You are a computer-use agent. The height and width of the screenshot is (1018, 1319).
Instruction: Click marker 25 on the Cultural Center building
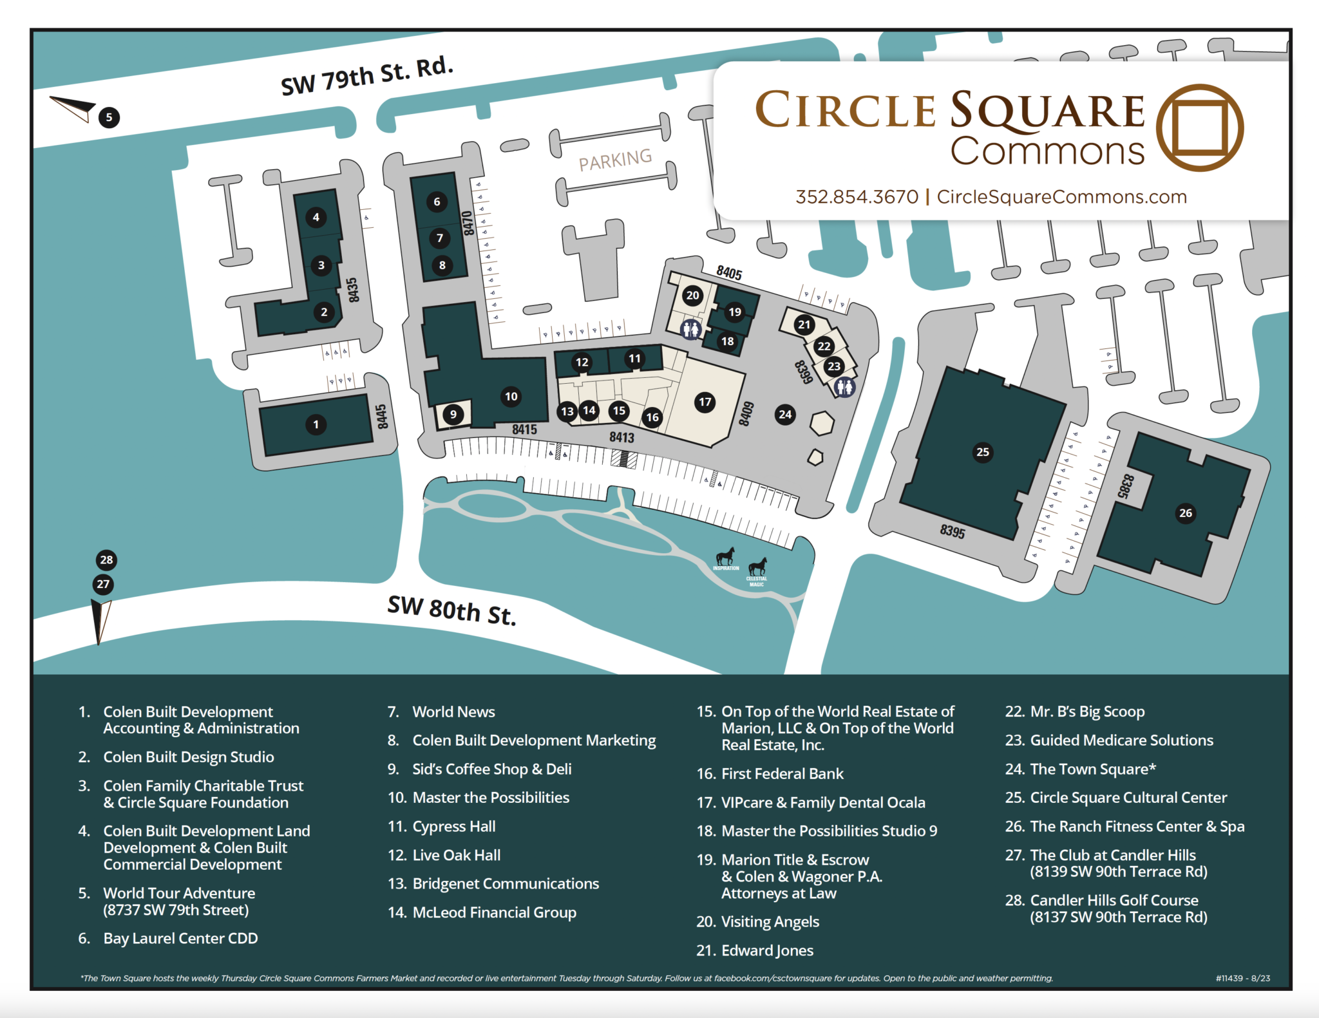pyautogui.click(x=983, y=452)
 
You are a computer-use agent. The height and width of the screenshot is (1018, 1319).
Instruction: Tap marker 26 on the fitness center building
pyautogui.click(x=1186, y=513)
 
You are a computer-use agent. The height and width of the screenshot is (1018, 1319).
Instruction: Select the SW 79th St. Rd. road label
pyautogui.click(x=367, y=76)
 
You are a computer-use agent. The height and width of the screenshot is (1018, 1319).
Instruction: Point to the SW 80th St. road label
pyautogui.click(x=451, y=610)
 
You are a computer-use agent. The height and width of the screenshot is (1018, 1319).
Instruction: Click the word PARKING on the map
pyautogui.click(x=615, y=160)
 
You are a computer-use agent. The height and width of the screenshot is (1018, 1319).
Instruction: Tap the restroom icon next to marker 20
pyautogui.click(x=691, y=330)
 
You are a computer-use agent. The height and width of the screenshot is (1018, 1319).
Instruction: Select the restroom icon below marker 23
pyautogui.click(x=844, y=387)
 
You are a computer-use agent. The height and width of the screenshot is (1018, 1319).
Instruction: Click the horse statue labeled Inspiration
pyautogui.click(x=726, y=557)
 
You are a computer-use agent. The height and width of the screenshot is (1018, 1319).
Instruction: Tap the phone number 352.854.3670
pyautogui.click(x=857, y=196)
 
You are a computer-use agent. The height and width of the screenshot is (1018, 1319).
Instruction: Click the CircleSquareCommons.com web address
pyautogui.click(x=1061, y=196)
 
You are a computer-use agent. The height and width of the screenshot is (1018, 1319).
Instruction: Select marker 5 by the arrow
pyautogui.click(x=109, y=117)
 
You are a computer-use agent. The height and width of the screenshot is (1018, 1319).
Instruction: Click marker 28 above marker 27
pyautogui.click(x=106, y=560)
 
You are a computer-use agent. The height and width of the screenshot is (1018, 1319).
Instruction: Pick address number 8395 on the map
pyautogui.click(x=953, y=531)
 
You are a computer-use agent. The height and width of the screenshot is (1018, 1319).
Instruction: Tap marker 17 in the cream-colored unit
pyautogui.click(x=705, y=402)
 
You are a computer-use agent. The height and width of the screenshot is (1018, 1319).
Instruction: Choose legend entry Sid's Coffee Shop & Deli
pyautogui.click(x=491, y=769)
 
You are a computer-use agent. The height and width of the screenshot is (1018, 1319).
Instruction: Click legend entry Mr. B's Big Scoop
pyautogui.click(x=1087, y=712)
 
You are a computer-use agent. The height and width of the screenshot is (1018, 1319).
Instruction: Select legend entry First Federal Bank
pyautogui.click(x=782, y=773)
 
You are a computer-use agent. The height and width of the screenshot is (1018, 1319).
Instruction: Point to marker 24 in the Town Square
pyautogui.click(x=785, y=414)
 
